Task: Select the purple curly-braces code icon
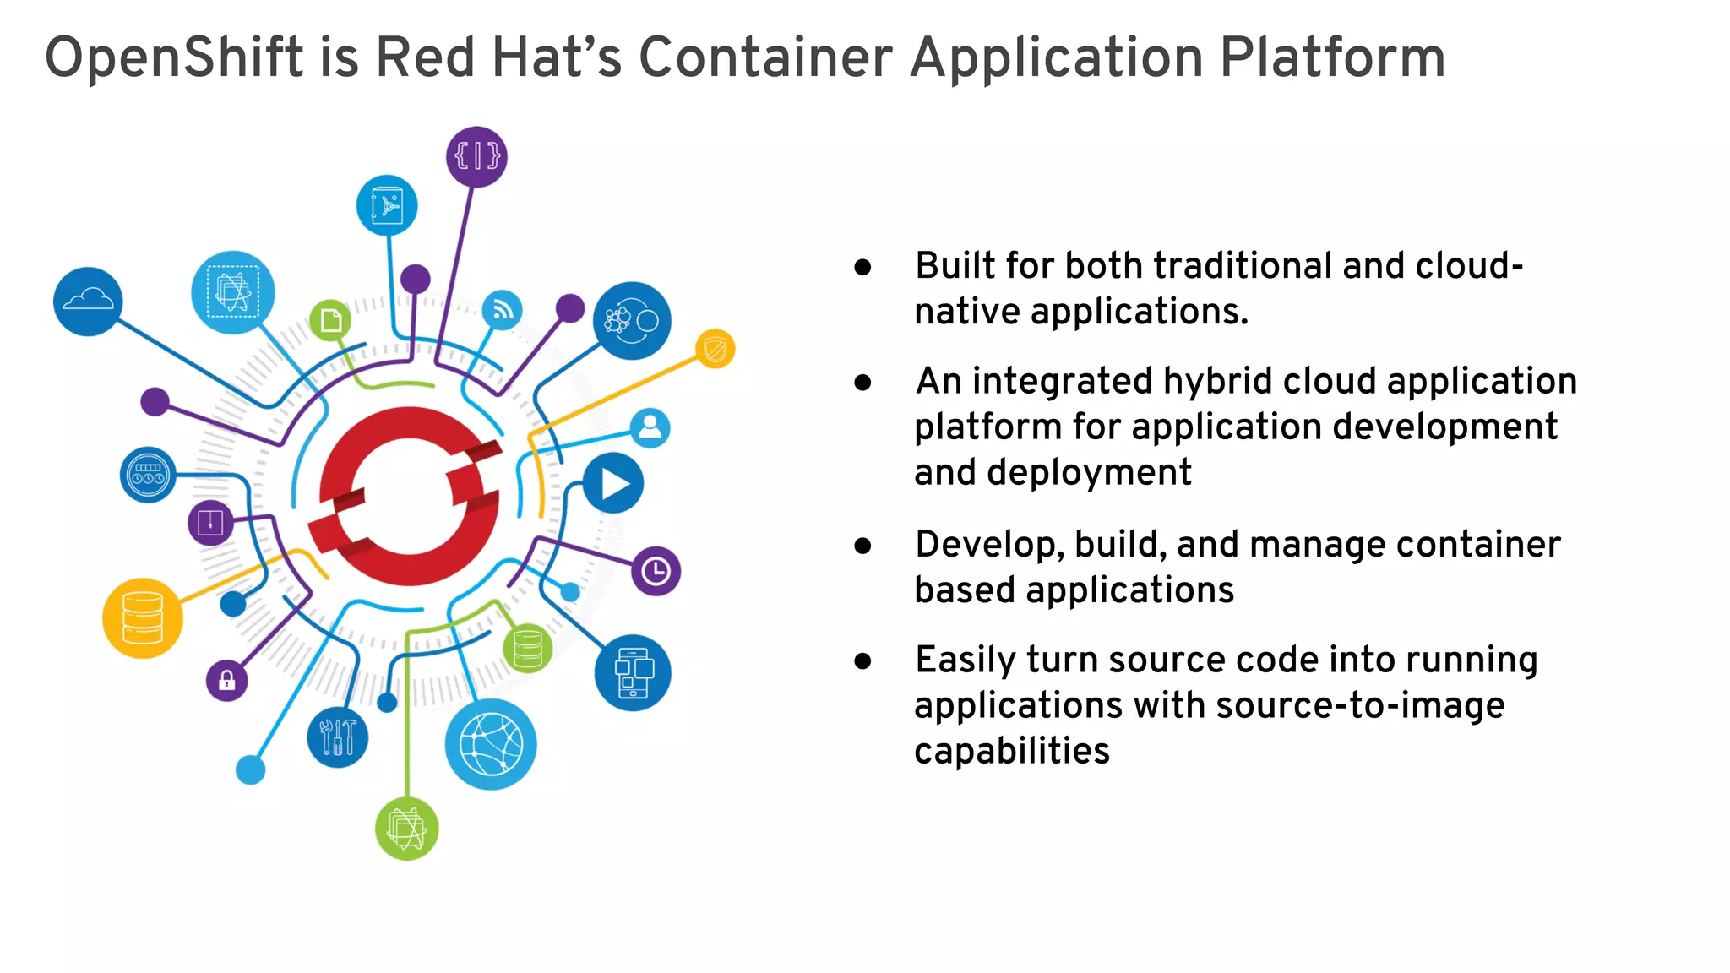[476, 156]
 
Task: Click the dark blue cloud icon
[88, 302]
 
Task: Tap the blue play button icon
[613, 484]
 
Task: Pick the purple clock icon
[656, 572]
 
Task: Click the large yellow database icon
[142, 617]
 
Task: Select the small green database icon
[528, 649]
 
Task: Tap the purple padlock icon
[226, 680]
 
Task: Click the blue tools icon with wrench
[338, 737]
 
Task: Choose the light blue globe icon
[490, 744]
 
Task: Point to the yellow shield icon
[715, 349]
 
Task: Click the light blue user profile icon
[650, 428]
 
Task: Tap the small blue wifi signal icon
[503, 311]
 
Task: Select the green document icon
[330, 320]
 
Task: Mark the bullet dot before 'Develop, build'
[862, 546]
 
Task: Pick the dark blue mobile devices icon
[633, 673]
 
